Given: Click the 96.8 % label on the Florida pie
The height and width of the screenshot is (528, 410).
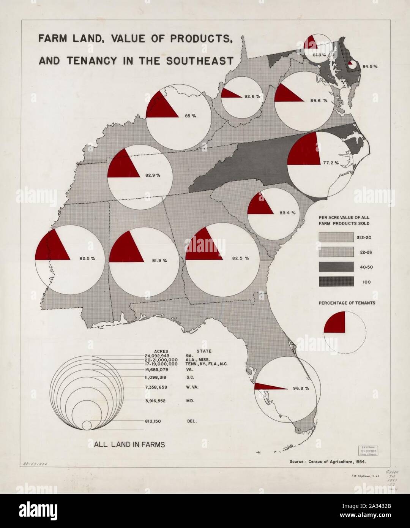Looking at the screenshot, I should coord(301,388).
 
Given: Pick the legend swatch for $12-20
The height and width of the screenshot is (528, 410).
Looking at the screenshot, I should coord(336,237).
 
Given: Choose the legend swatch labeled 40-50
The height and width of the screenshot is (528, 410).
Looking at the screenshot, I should coord(336,267).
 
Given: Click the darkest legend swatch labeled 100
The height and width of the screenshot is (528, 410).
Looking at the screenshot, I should coord(336,282).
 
